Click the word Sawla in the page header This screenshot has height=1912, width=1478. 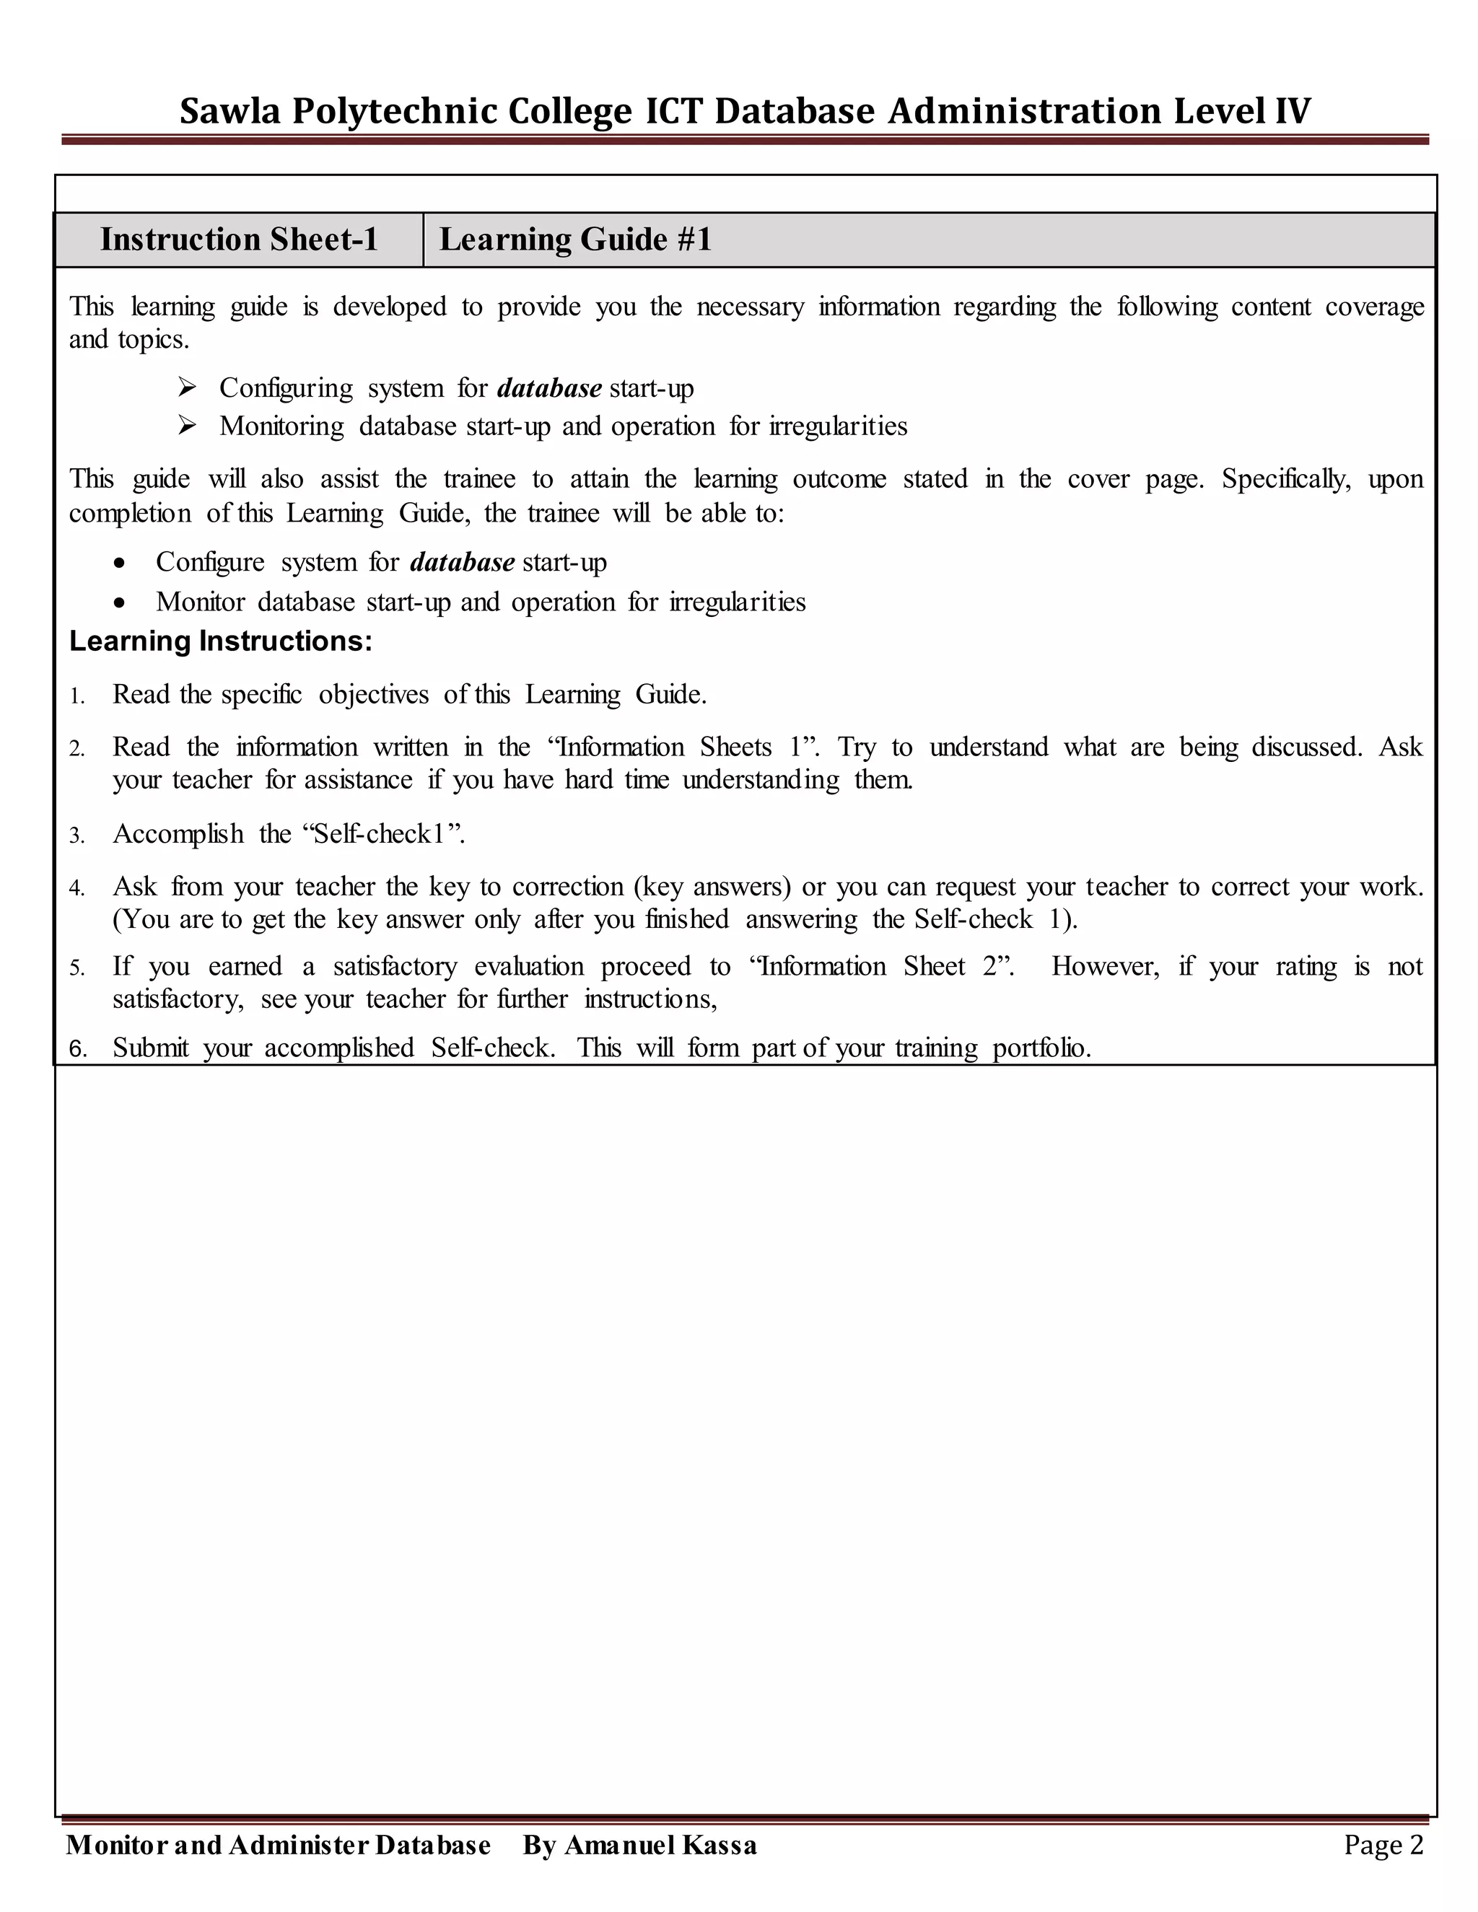tap(229, 112)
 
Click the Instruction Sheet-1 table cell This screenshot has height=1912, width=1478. tap(238, 240)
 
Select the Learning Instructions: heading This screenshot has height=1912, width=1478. tap(221, 641)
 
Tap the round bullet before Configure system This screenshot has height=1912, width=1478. tap(119, 563)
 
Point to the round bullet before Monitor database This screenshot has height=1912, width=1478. tap(119, 603)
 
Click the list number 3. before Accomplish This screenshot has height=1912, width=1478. tap(77, 836)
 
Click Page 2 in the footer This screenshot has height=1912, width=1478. tap(1383, 1846)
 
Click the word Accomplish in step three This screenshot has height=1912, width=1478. tap(178, 834)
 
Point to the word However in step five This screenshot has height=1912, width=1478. tap(1105, 967)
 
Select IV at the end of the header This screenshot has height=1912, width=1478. tap(1293, 112)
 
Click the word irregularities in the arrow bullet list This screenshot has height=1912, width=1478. tap(838, 426)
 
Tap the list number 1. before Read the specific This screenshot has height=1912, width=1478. tap(77, 697)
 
